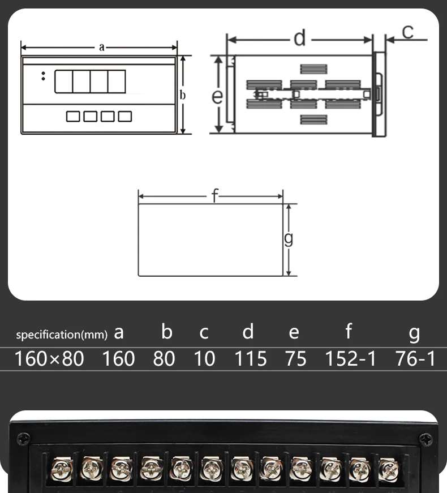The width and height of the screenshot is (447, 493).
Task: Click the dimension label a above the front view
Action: pos(101,47)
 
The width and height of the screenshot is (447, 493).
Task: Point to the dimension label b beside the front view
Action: pos(183,95)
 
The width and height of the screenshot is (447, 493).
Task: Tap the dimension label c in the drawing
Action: pos(408,32)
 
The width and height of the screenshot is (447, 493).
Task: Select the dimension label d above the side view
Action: pos(299,38)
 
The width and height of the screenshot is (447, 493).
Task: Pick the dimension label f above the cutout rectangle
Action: pos(214,195)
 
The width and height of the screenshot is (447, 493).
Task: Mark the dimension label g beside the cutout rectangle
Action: pos(288,239)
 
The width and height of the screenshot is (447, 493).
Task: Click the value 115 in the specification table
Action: pos(251,358)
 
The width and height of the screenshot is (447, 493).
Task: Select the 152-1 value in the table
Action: pos(350,358)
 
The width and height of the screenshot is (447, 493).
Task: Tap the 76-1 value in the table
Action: pos(415,358)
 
